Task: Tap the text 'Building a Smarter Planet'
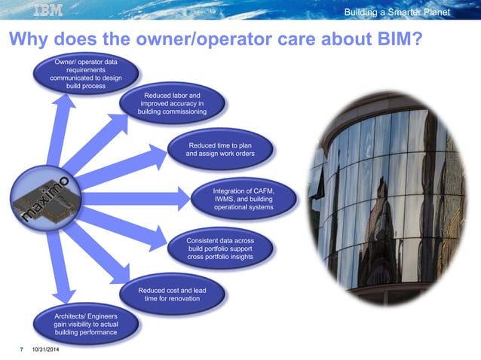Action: pyautogui.click(x=397, y=12)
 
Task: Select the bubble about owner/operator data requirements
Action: pyautogui.click(x=85, y=73)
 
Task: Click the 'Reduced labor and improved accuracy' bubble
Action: pyautogui.click(x=172, y=104)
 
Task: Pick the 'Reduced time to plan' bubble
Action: pyautogui.click(x=220, y=148)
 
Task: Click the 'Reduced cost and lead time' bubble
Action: pyautogui.click(x=172, y=294)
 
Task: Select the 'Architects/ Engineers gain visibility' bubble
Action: pyautogui.click(x=85, y=323)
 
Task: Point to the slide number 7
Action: pyautogui.click(x=21, y=350)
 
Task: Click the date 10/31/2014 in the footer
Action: pyautogui.click(x=46, y=350)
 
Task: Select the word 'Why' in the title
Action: pyautogui.click(x=32, y=39)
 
